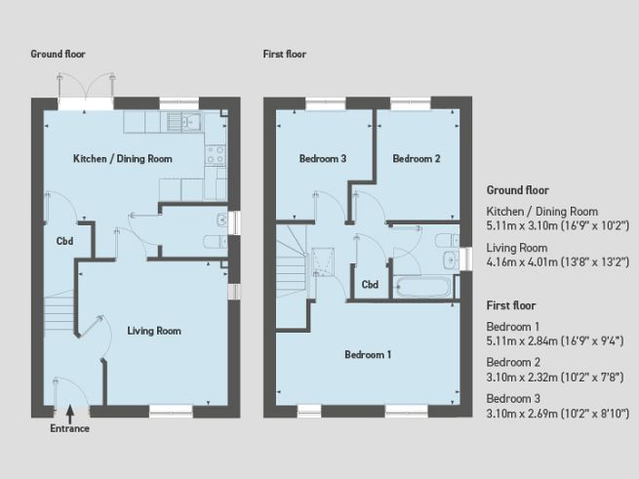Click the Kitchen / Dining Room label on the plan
click(123, 158)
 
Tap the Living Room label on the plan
click(154, 331)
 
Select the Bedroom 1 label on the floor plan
click(368, 355)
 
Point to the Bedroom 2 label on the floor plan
click(417, 158)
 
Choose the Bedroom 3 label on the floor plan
click(324, 158)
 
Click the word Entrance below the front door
click(69, 428)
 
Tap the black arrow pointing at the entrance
click(69, 415)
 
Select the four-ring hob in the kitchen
click(215, 153)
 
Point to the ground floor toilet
click(213, 241)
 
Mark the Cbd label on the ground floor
click(65, 241)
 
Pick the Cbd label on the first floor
click(370, 285)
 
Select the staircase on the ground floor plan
click(61, 310)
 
